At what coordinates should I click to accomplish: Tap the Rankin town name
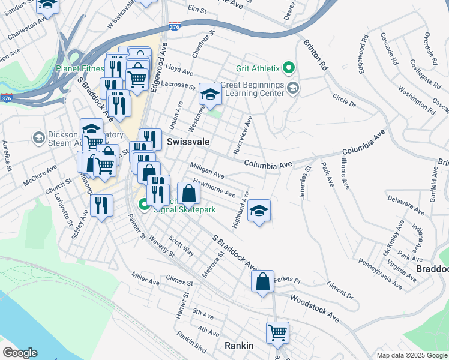click(239, 346)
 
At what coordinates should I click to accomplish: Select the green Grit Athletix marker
click(289, 68)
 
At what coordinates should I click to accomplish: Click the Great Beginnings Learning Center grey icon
click(292, 89)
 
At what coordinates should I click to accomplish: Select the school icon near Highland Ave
click(259, 211)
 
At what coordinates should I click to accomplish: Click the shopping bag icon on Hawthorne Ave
click(188, 193)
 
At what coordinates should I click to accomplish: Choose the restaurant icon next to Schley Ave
click(101, 206)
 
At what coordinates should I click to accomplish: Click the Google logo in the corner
click(20, 353)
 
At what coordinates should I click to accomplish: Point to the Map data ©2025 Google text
click(411, 355)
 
